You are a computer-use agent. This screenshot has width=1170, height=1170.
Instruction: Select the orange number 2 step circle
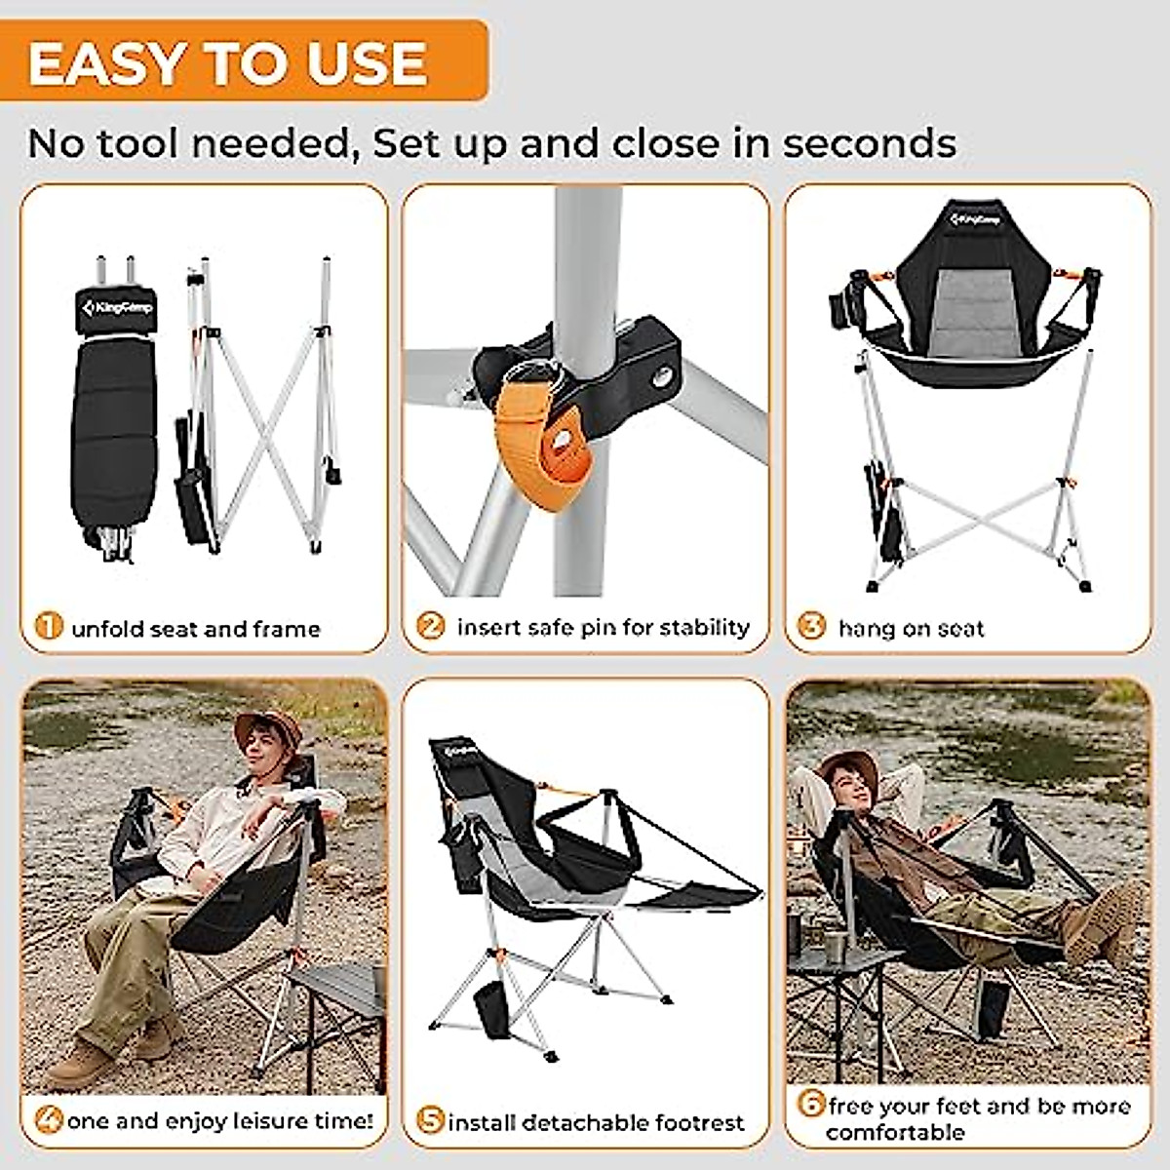point(430,625)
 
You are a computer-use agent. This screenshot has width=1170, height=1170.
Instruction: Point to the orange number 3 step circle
point(811,625)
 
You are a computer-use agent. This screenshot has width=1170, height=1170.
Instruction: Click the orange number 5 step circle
point(430,1120)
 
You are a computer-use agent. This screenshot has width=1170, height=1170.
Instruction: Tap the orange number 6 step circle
point(811,1105)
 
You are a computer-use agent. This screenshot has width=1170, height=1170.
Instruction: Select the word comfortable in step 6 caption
point(895,1133)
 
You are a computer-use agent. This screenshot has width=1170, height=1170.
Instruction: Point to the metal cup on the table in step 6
point(837,946)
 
